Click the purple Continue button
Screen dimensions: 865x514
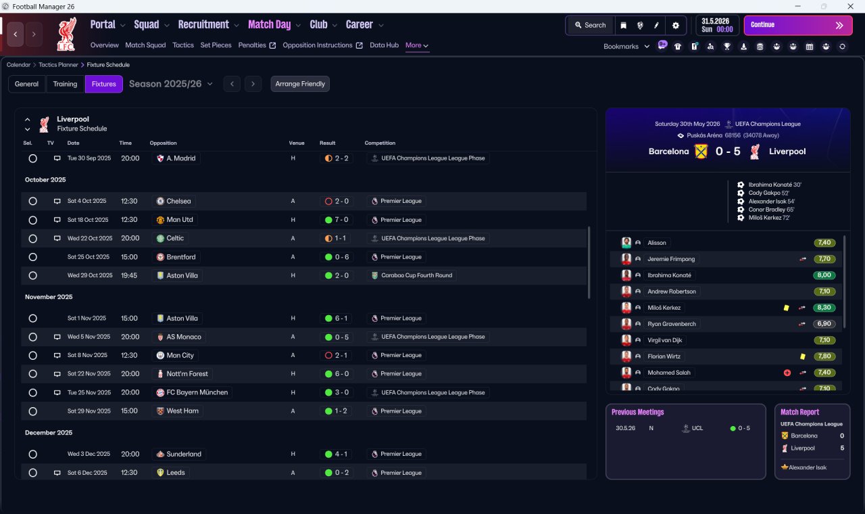coord(798,25)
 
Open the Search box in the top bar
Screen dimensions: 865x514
coord(590,25)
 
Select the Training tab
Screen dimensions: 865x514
coord(65,84)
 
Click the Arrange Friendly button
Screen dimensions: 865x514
coord(300,84)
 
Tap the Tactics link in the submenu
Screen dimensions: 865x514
coord(183,45)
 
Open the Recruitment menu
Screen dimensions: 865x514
coord(203,25)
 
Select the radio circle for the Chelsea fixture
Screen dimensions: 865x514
coord(33,201)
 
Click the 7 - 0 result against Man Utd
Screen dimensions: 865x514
coord(337,220)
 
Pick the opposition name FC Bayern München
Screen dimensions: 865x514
coord(197,392)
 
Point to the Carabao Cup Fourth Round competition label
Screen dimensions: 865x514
coord(416,275)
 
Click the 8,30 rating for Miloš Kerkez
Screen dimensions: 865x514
coord(824,308)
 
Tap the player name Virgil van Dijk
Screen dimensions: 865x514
coord(664,340)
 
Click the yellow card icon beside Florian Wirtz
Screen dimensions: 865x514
coord(803,356)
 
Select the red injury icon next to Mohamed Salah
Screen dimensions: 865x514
coord(787,373)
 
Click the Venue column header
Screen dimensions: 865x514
coord(297,143)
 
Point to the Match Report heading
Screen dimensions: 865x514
coord(799,412)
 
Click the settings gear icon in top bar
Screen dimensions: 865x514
coord(675,26)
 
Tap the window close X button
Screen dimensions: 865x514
coord(850,6)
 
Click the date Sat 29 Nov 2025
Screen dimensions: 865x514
coord(89,411)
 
